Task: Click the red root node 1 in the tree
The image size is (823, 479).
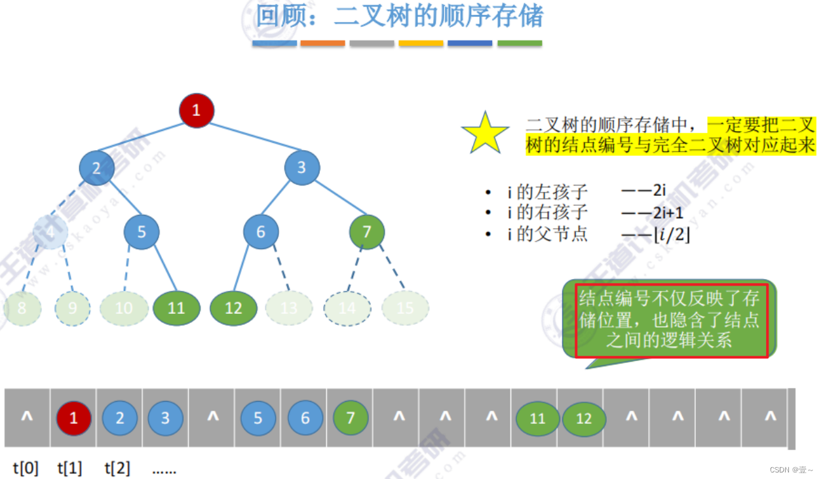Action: [x=197, y=110]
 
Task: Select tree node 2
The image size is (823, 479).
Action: [x=97, y=168]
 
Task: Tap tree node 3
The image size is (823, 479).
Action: [x=302, y=167]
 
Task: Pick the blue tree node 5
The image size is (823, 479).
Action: [x=142, y=231]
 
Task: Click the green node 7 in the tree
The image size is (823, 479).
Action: [x=367, y=231]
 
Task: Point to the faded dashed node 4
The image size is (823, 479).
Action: [x=50, y=231]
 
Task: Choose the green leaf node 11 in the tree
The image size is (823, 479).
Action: [x=176, y=307]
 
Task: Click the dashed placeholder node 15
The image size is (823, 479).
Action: [x=406, y=307]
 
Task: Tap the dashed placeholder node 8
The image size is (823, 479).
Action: [x=22, y=307]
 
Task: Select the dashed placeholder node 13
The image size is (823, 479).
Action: [x=289, y=307]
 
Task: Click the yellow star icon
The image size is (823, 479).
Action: [x=486, y=132]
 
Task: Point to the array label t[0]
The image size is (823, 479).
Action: [x=26, y=468]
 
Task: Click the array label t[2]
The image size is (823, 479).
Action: [x=117, y=468]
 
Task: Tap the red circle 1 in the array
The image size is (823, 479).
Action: [x=73, y=418]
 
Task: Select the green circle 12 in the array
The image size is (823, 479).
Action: [x=584, y=418]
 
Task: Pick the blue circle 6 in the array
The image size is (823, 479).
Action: [x=305, y=418]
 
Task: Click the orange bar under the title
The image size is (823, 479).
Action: [x=323, y=43]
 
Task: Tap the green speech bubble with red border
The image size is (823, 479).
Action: [x=670, y=320]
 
